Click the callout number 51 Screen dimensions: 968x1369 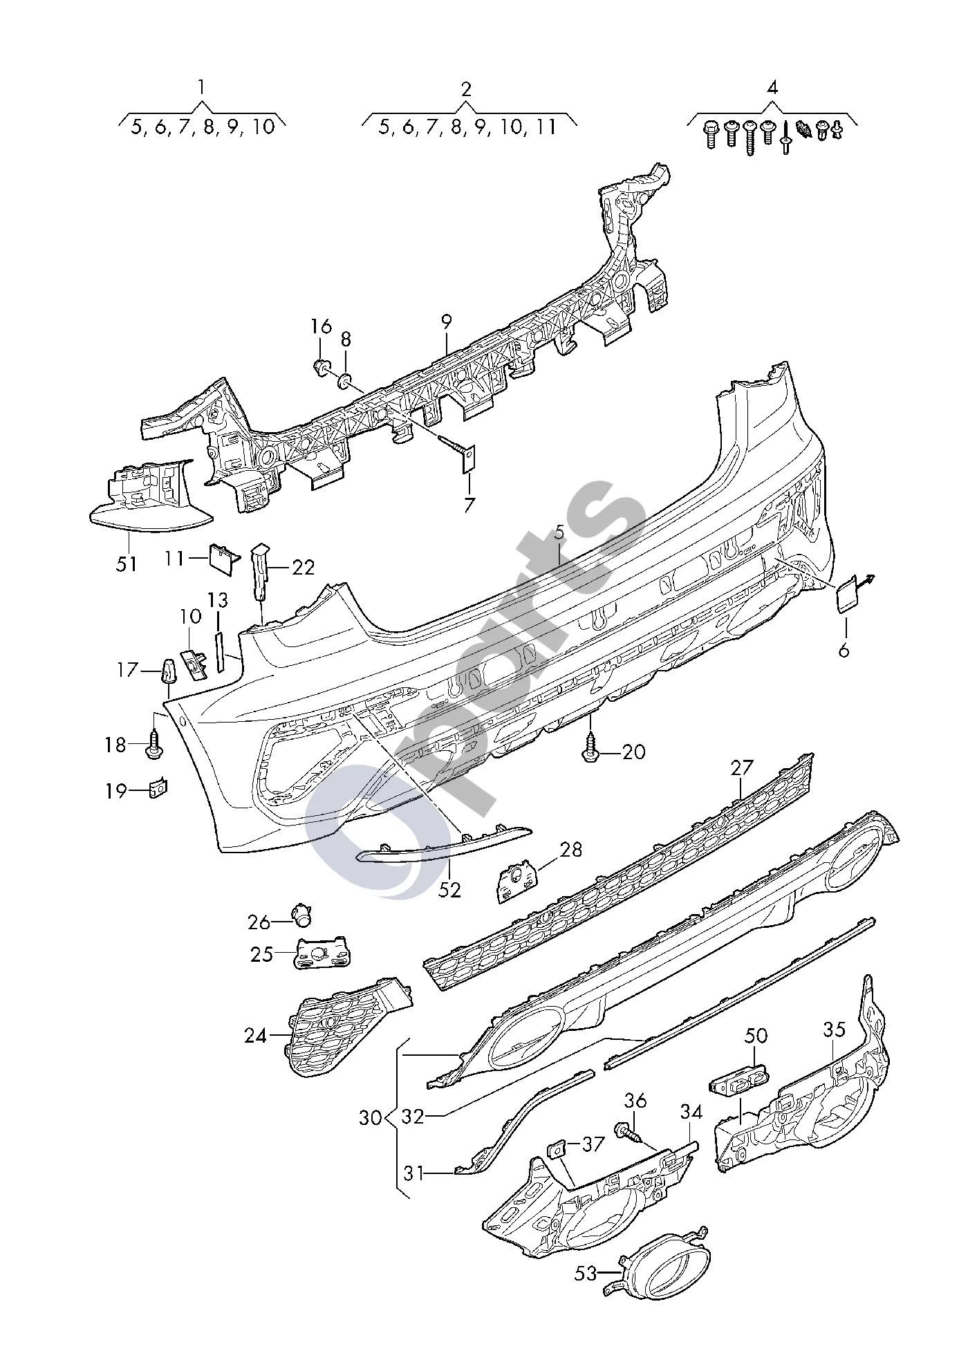point(127,564)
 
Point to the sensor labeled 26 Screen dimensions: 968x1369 point(301,914)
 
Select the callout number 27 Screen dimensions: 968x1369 point(741,769)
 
